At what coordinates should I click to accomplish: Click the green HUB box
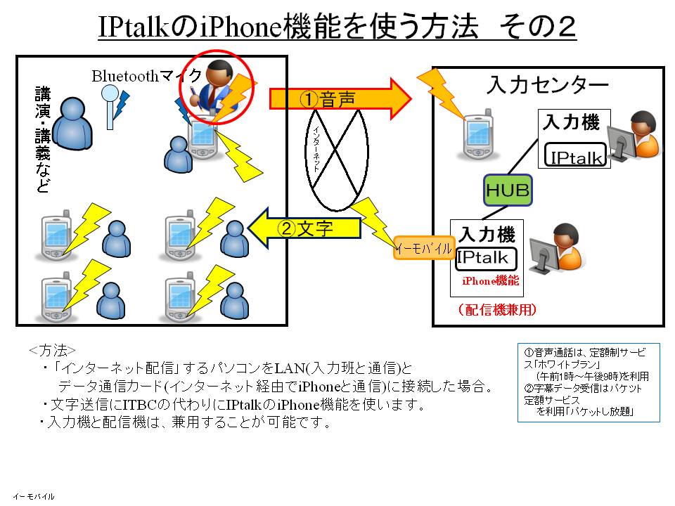click(507, 190)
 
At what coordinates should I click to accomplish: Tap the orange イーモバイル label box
click(423, 248)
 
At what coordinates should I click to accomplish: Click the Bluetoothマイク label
click(146, 76)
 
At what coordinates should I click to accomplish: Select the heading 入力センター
click(547, 86)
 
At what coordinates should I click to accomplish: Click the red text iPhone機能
click(490, 280)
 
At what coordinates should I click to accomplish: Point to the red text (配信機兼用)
click(496, 309)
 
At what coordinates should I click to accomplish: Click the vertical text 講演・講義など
click(44, 140)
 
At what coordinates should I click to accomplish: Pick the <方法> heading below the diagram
click(52, 350)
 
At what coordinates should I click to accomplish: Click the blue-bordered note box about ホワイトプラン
click(588, 382)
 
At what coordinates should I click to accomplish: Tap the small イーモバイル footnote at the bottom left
click(32, 496)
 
